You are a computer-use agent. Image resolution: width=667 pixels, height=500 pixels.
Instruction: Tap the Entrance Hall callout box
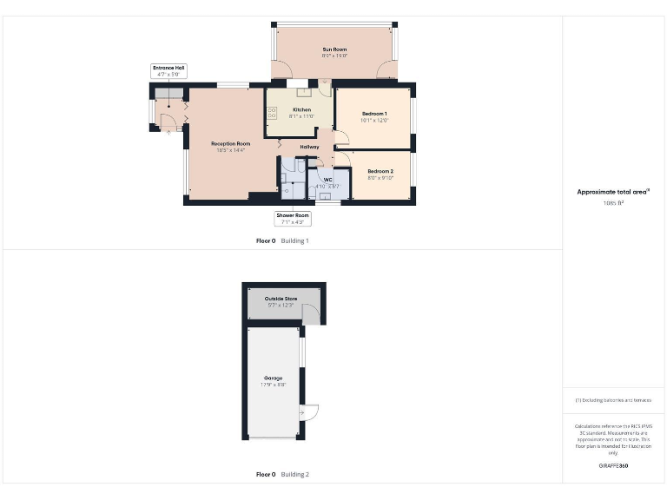point(168,71)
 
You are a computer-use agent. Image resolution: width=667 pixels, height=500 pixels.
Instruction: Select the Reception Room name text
point(231,143)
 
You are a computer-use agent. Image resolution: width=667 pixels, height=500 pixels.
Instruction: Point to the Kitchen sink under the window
point(304,91)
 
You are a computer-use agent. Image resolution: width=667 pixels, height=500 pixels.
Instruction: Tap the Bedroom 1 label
point(374,114)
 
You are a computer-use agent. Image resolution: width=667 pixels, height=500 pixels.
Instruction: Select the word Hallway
point(309,147)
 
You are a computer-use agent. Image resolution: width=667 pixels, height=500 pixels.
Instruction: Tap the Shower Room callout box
point(293,218)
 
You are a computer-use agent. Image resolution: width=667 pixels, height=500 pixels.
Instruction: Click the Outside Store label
point(281,299)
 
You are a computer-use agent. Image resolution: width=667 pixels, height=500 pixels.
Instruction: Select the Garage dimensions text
point(274,385)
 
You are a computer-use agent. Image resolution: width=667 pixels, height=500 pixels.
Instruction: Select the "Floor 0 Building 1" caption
point(282,240)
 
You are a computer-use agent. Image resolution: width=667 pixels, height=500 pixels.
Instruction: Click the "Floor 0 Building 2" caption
point(282,475)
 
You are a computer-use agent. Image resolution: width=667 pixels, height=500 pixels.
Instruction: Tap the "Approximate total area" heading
point(613,192)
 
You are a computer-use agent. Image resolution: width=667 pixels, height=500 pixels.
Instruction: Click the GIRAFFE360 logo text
point(613,466)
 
